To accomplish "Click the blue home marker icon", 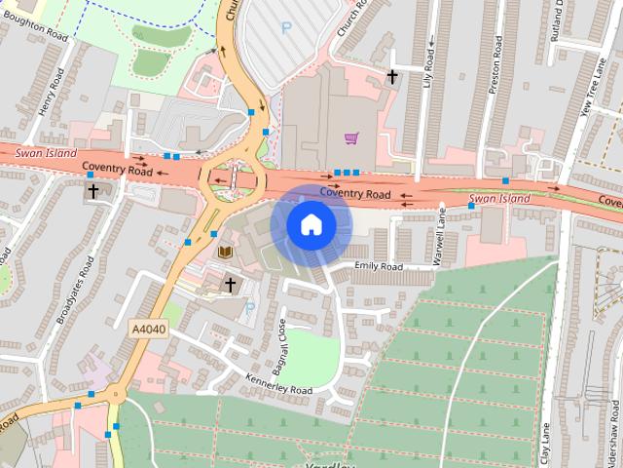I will pos(311,225).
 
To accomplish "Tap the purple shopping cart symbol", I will pos(350,139).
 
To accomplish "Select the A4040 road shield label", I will pos(148,331).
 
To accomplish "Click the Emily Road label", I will pos(379,266).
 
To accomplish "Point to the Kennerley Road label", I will pos(279,383).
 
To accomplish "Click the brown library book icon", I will pos(225,253).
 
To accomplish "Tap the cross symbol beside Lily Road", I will pos(393,75).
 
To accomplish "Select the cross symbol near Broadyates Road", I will pos(94,190).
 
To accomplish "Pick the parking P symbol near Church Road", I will pos(286,28).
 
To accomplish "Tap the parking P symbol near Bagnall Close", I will pos(249,308).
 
